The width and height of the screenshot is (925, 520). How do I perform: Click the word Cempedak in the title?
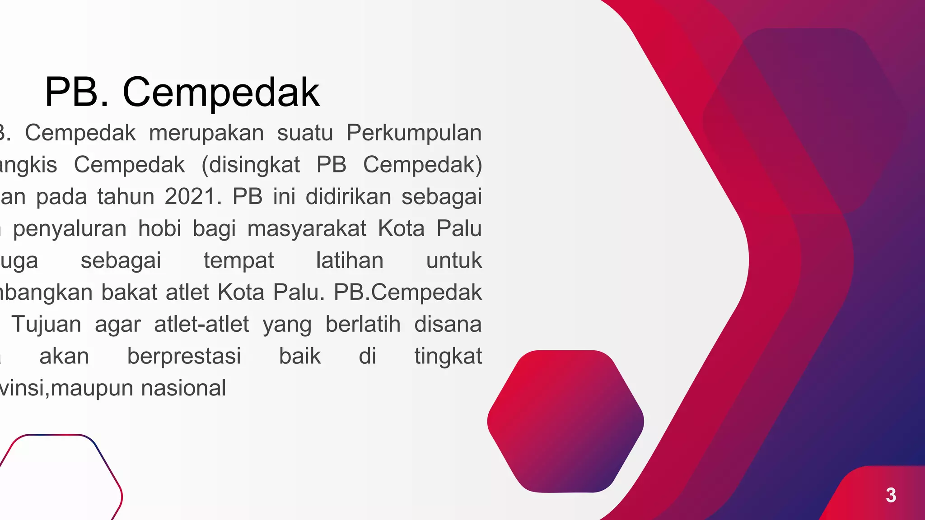[221, 93]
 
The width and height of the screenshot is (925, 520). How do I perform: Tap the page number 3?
[891, 495]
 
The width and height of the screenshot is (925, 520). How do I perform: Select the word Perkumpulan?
[414, 133]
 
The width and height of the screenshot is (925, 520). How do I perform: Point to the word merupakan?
[206, 133]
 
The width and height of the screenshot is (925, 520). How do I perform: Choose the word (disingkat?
[251, 165]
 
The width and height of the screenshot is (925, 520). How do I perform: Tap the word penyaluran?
[70, 229]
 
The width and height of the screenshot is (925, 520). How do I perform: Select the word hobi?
[159, 228]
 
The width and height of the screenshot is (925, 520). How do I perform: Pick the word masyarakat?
[307, 229]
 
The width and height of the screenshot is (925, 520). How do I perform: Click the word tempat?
[238, 261]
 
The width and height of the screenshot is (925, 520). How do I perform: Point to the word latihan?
[350, 260]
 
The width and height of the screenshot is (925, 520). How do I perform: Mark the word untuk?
[454, 260]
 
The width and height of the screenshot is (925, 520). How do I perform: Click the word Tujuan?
[47, 325]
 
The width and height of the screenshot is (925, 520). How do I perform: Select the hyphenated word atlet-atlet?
[201, 324]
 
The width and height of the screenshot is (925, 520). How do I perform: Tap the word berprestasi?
[184, 357]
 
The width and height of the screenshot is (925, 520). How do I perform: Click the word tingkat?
[448, 357]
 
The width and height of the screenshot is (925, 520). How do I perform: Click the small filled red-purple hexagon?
[565, 421]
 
